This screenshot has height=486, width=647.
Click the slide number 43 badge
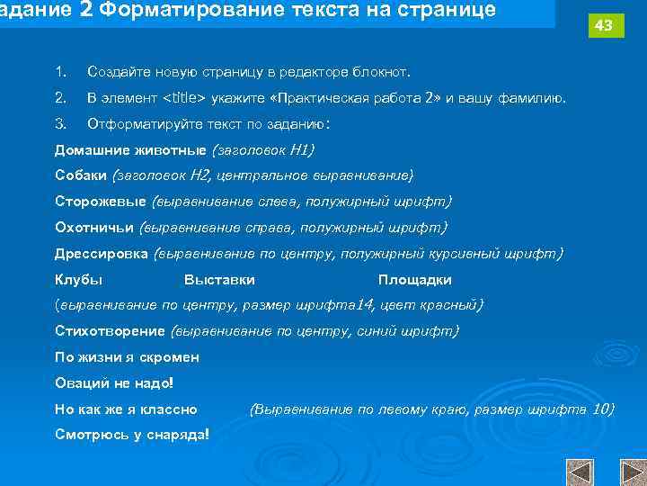pos(604,26)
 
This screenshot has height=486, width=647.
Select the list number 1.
pos(60,70)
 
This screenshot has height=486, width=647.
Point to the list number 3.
pos(60,122)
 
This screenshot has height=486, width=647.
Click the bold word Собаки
pos(80,175)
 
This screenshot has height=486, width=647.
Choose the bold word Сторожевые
pos(101,201)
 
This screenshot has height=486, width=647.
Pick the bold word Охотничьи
pos(93,227)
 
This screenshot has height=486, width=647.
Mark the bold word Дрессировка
pos(102,254)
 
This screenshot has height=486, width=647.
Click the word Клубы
pos(78,280)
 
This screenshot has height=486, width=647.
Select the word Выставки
pos(219,280)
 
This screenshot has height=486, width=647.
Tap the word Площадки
pos(414,280)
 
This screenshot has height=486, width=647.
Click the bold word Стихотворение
pos(110,331)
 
